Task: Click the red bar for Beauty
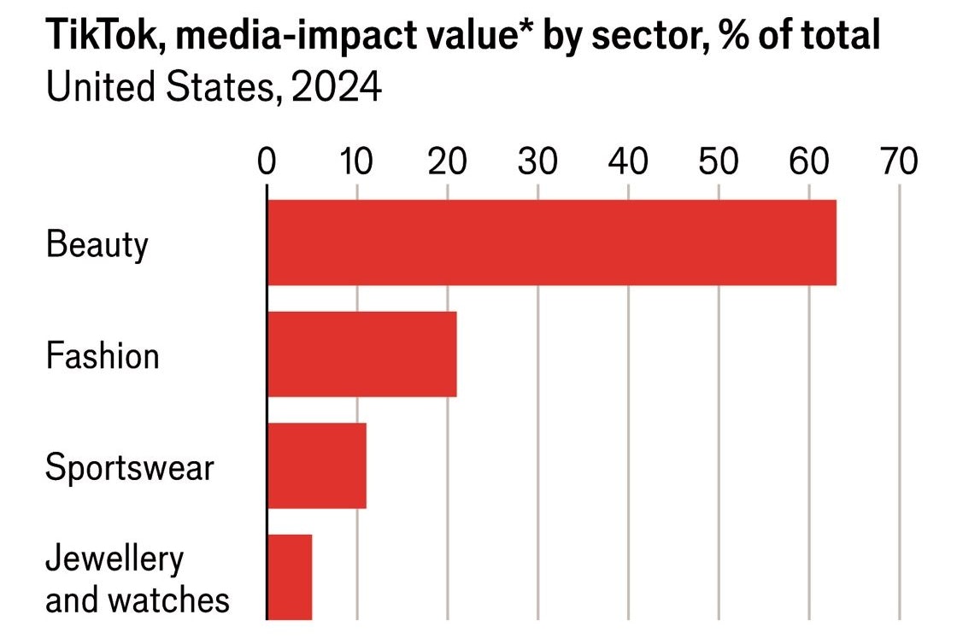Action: pos(551,243)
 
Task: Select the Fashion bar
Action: pos(361,354)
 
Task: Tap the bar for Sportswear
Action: pos(316,465)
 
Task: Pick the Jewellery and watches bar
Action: pos(290,577)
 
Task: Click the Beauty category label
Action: pos(97,245)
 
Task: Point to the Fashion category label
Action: pos(103,355)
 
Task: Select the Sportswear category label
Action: pos(129,467)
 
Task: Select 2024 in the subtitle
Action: pos(336,87)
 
